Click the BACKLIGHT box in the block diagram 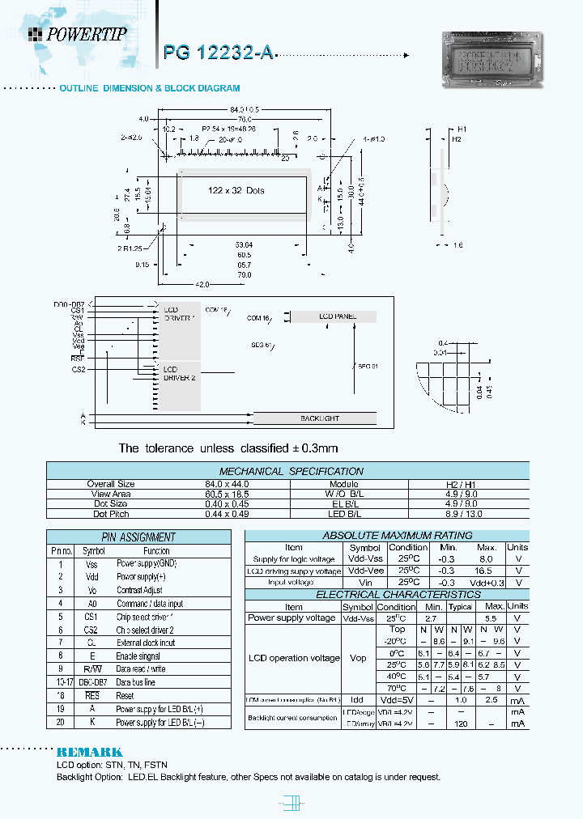(x=319, y=418)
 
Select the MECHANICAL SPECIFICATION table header (x=291, y=471)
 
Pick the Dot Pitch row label (x=111, y=513)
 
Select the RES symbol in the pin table (x=93, y=695)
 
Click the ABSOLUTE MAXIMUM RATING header (x=385, y=535)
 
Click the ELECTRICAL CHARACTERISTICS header (x=385, y=594)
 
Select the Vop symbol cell (x=358, y=658)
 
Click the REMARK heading (x=90, y=752)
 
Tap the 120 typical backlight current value (x=462, y=724)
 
